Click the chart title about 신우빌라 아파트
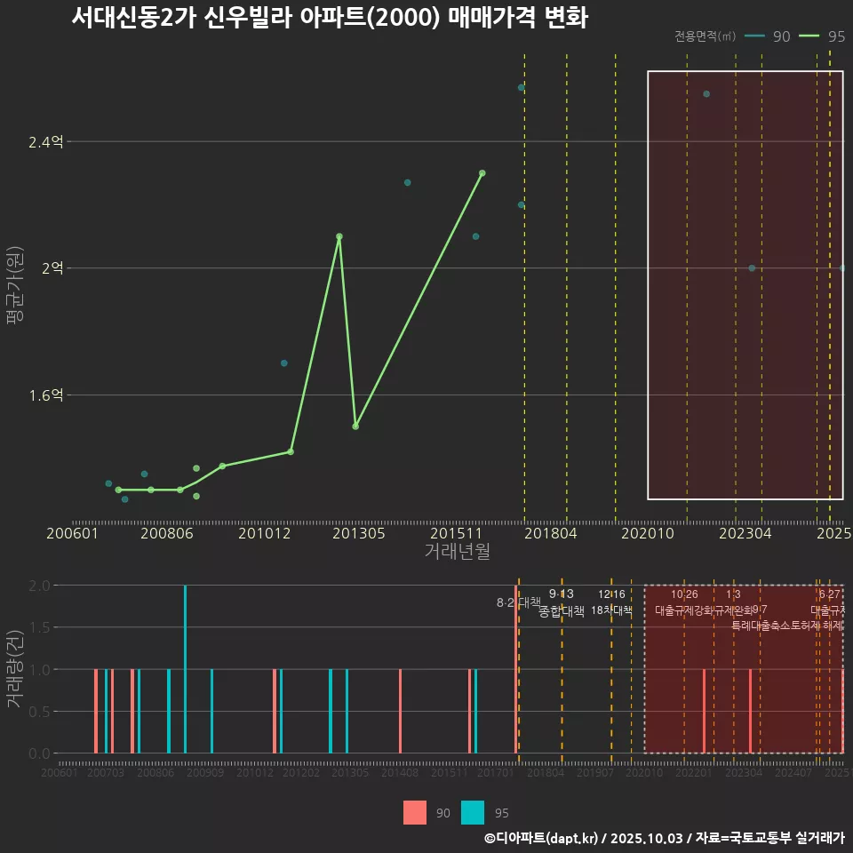coord(329,18)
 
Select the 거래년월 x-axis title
coord(457,551)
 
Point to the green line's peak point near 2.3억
coord(482,173)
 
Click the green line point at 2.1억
coord(339,236)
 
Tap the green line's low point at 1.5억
coord(355,426)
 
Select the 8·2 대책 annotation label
coord(518,602)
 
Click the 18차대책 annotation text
coord(611,610)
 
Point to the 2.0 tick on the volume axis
coord(39,586)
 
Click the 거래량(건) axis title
coord(14,669)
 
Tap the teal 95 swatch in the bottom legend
coord(473,812)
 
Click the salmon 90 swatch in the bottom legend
coord(415,812)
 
